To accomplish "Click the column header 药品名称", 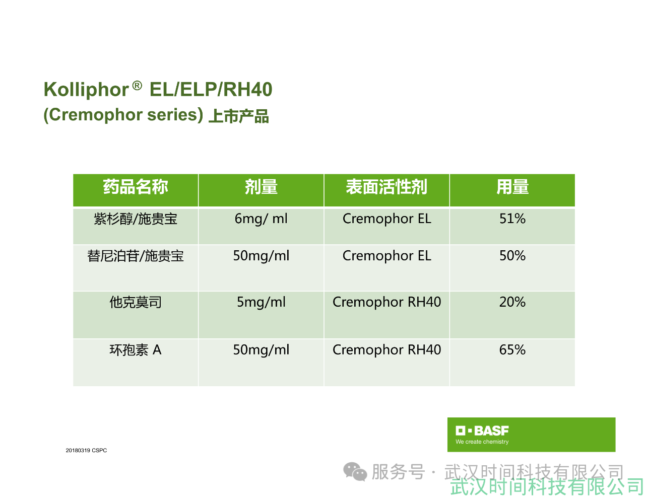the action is point(136,187).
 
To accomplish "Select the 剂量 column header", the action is point(261,187).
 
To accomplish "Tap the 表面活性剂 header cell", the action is point(386,187).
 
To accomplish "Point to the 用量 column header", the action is point(512,187).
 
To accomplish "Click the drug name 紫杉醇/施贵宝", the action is point(136,219).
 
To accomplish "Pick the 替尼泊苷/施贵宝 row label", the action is point(136,256).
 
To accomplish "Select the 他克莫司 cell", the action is point(136,302).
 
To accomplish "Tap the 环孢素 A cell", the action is point(136,350).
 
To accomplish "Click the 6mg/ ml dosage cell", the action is point(261,219).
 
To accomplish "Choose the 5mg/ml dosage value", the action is point(261,302).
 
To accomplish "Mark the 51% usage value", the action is point(512,219).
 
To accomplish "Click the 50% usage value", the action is point(512,256).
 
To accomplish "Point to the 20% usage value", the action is point(512,302).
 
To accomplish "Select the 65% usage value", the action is point(512,349).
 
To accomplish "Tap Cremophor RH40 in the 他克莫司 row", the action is point(386,302).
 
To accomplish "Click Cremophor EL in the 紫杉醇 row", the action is point(386,219).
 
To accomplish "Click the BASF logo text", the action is point(491,431).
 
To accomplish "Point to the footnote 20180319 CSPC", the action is point(86,450).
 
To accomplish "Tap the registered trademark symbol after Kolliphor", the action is point(137,86).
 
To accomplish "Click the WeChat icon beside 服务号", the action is point(355,472).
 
